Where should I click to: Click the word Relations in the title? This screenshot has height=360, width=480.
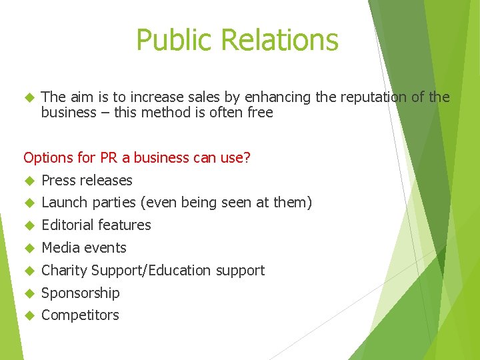click(x=279, y=40)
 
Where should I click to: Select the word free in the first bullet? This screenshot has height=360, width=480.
click(x=260, y=113)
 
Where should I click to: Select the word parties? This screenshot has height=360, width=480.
click(x=115, y=203)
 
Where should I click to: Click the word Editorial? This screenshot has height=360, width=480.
click(x=68, y=225)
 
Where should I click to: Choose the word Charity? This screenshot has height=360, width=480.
click(x=64, y=271)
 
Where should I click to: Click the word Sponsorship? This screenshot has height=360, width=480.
click(x=81, y=293)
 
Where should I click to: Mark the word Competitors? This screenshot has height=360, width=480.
click(x=80, y=315)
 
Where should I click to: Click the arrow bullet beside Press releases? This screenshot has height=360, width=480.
click(x=29, y=181)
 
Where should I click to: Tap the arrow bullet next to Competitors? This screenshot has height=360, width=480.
click(x=29, y=315)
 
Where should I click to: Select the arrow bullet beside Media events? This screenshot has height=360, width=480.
click(x=29, y=248)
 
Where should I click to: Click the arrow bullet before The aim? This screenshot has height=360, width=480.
click(x=29, y=97)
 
